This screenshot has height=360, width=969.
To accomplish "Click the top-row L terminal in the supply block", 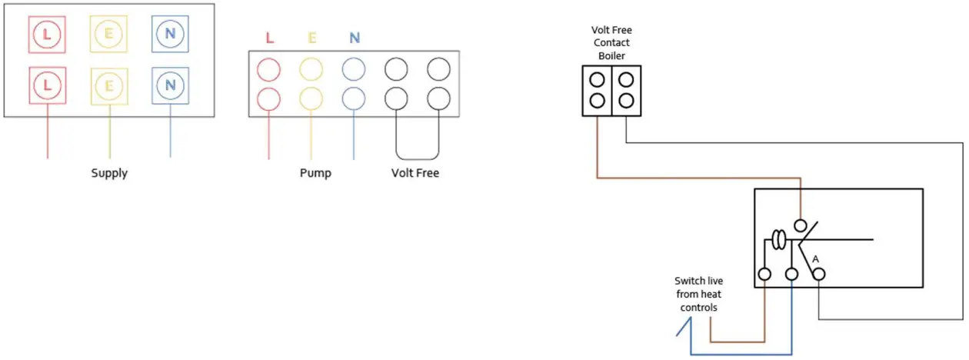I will coord(47,36).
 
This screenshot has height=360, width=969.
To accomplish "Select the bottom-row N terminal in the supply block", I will coord(170,85).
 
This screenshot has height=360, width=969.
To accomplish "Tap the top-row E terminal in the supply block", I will coord(108,36).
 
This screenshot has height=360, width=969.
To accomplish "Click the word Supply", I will coord(109,173).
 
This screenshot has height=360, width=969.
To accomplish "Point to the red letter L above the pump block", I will coord(268,37).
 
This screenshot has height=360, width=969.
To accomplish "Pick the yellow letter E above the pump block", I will coord(311,37).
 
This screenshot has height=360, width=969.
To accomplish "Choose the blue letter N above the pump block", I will coord(354,37).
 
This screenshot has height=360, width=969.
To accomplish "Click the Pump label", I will coord(315,173).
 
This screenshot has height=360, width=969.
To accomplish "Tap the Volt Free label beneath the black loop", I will coord(415,173).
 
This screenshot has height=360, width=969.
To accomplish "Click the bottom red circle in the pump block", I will coord(268,99).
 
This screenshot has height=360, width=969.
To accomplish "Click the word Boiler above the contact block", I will coord(612,55).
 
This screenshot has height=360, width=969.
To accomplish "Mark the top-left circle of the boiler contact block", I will coord(596,79).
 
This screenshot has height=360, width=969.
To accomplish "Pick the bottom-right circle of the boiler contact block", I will coord(627,100).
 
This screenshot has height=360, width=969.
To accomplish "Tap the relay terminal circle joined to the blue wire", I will coord(791,274).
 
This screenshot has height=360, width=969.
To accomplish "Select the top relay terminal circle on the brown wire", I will coord(801,226).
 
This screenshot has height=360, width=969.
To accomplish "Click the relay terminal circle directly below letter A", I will coord(819,274).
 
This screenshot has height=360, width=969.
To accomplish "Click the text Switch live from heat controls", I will coord(698,295).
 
